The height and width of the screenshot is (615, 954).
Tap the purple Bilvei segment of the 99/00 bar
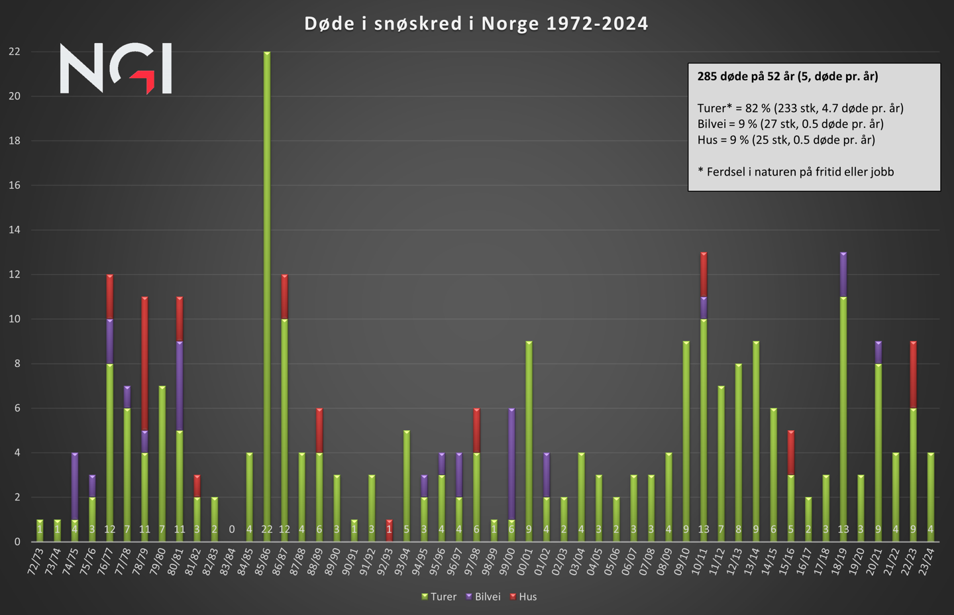click(x=511, y=464)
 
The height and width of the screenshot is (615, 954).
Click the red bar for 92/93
click(x=389, y=530)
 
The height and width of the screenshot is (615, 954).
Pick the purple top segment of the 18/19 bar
click(x=843, y=274)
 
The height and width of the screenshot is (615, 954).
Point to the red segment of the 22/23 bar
click(x=913, y=374)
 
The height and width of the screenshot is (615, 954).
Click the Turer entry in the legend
click(x=439, y=596)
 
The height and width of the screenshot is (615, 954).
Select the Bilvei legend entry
click(x=484, y=596)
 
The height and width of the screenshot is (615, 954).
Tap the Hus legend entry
click(x=523, y=596)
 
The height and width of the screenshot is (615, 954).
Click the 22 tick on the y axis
click(x=15, y=52)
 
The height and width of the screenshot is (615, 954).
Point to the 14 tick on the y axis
click(x=15, y=230)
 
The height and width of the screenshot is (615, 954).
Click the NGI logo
click(x=116, y=68)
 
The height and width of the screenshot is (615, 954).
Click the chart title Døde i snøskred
click(x=476, y=24)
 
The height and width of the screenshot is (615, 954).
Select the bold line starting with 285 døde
click(x=788, y=76)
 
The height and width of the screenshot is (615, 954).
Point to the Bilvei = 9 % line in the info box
click(x=790, y=124)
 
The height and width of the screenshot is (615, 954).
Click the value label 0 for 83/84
click(x=232, y=530)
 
